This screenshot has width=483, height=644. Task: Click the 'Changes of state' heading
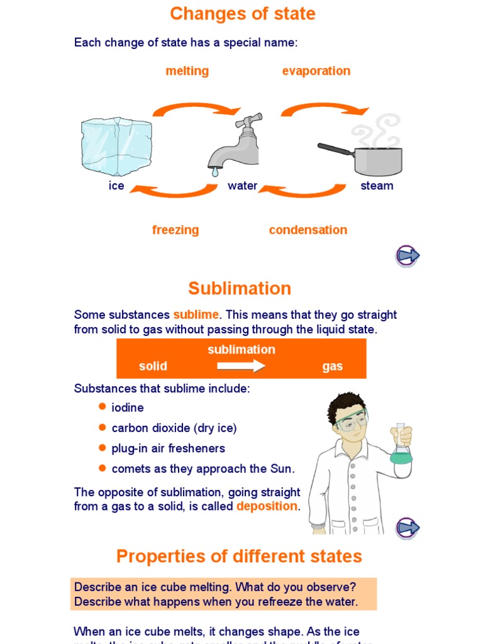tap(242, 14)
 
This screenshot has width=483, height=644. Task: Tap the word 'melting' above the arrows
tap(187, 71)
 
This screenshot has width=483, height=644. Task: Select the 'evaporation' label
tap(316, 71)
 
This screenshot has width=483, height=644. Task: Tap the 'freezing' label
tap(175, 230)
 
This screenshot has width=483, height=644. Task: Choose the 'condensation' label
tap(308, 230)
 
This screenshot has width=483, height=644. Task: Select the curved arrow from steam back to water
tap(303, 189)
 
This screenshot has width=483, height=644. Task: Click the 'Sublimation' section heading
tap(240, 289)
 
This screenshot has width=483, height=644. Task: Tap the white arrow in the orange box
tap(241, 366)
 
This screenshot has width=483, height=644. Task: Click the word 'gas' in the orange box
tap(332, 366)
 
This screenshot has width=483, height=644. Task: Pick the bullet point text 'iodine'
tap(128, 408)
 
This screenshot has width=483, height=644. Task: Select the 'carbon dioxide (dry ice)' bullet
tap(174, 428)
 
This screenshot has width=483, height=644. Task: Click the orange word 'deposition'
tap(267, 506)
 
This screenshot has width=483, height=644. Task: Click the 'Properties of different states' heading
tap(239, 557)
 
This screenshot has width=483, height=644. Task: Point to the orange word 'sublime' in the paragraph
tap(196, 314)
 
